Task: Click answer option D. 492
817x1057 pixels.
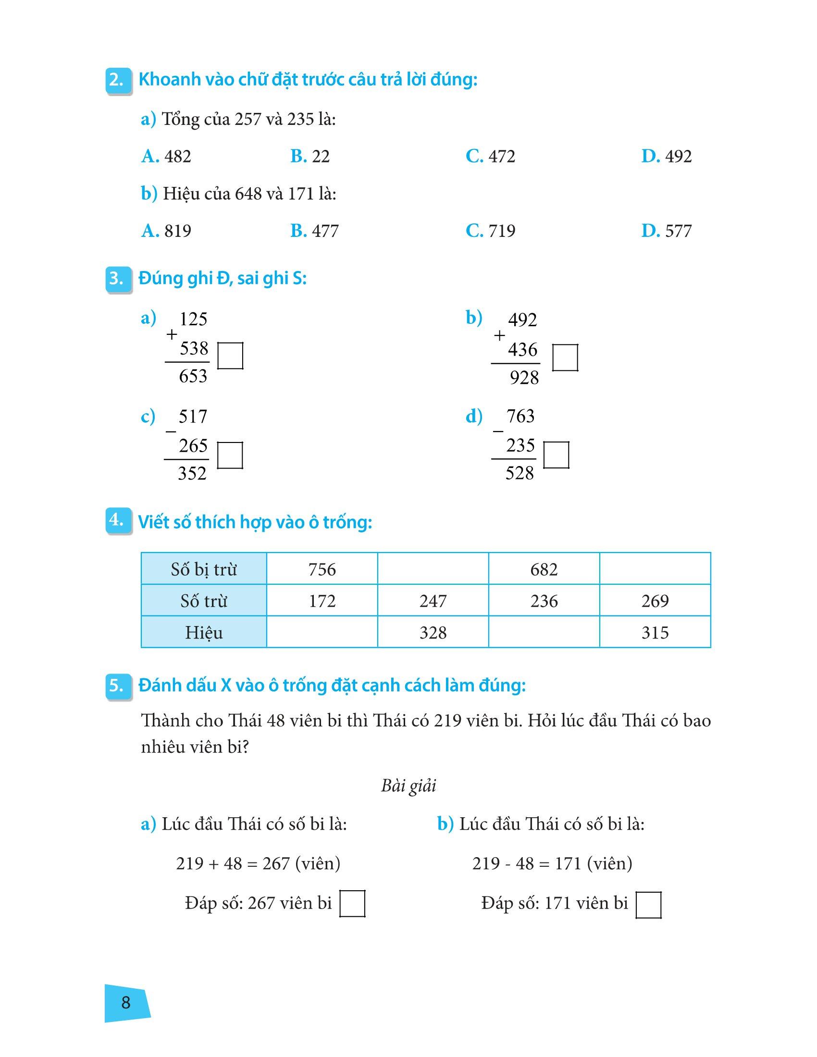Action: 667,156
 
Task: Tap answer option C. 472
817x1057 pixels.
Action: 490,156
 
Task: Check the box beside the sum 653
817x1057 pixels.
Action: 230,356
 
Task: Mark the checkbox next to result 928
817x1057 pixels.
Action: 565,357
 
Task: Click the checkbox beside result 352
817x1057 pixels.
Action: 230,455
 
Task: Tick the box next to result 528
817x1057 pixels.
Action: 556,455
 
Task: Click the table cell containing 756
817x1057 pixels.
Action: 322,569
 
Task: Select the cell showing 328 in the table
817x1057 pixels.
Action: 433,633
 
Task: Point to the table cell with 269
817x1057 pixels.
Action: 655,601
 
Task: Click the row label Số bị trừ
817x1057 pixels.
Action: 204,569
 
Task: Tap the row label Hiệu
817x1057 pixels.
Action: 204,633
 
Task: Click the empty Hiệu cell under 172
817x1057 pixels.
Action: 322,633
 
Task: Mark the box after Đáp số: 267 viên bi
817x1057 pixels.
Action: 352,904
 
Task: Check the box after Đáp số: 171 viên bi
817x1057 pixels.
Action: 649,905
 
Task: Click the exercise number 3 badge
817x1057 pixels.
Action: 118,279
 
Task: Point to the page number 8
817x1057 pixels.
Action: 126,1002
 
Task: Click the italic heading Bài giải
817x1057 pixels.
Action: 408,786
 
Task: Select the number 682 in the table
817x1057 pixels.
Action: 544,569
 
